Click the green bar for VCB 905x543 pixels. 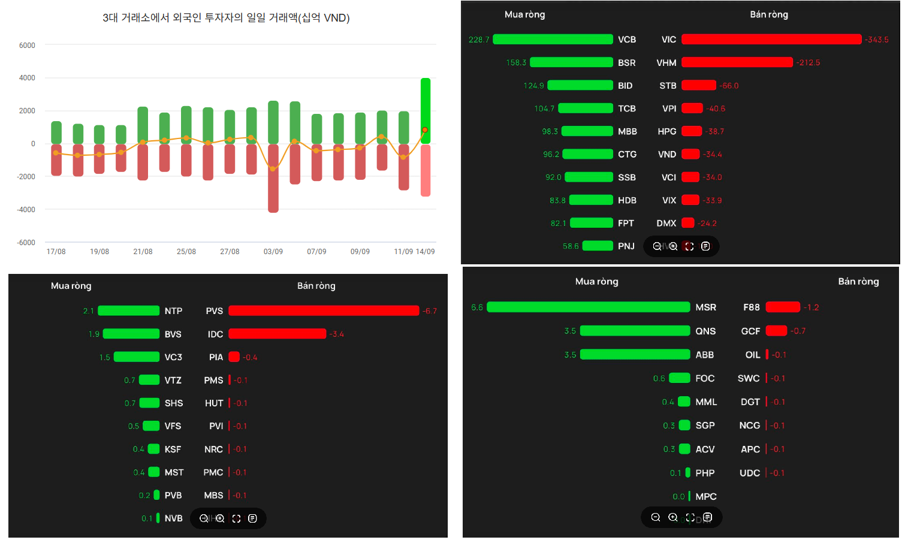553,39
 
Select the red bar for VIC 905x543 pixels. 771,39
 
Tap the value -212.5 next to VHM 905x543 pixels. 808,62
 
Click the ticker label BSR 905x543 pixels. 627,62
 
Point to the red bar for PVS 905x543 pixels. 324,310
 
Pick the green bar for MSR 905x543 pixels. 589,307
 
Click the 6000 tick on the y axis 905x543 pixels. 27,46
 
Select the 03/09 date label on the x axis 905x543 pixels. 273,252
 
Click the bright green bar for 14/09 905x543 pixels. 426,111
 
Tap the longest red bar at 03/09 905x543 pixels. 273,178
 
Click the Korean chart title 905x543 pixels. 227,18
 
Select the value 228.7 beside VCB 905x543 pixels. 479,40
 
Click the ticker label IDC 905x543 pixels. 215,334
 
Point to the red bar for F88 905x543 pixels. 783,307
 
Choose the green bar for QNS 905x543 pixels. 635,331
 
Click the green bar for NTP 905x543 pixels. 128,310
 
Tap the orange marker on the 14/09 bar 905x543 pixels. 425,129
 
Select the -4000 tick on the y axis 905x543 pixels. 26,210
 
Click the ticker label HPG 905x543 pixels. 666,131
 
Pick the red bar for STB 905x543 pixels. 699,85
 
